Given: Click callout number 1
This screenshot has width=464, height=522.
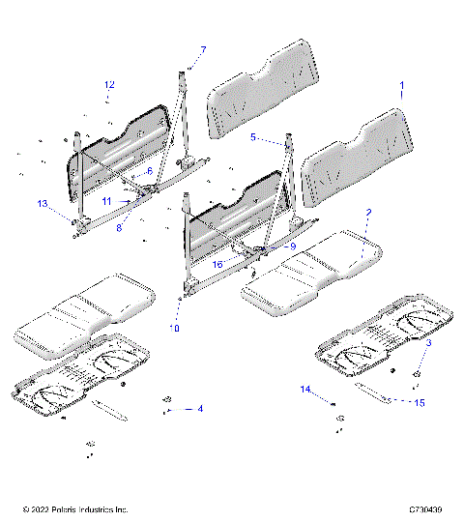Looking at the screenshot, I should (x=401, y=87).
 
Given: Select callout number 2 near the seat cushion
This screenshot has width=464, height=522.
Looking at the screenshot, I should (x=368, y=211).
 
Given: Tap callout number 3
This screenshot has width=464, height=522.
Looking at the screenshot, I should (x=429, y=344).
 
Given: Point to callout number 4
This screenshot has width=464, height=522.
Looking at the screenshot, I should (x=200, y=409).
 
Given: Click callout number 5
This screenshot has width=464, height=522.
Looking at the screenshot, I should (x=253, y=138).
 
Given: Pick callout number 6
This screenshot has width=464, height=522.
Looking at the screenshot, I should (x=150, y=170).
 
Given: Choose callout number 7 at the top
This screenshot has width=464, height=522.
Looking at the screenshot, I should (x=203, y=49).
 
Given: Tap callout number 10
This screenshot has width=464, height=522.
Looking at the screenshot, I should (x=174, y=329).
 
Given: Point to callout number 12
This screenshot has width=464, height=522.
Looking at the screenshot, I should (x=109, y=85).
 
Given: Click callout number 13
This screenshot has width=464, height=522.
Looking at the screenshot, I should (x=43, y=203).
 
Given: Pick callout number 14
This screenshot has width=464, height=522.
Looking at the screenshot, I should (x=305, y=390).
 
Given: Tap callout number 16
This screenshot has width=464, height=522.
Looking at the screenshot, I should (x=218, y=264).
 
